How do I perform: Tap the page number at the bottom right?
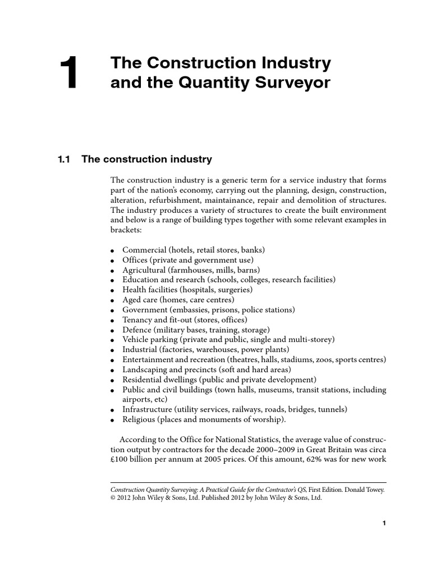(x=384, y=523)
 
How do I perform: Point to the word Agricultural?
(x=145, y=270)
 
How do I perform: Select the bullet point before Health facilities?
(x=113, y=290)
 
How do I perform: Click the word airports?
(x=136, y=399)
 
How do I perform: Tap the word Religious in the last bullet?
(x=140, y=419)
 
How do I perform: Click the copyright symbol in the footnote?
(x=114, y=498)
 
